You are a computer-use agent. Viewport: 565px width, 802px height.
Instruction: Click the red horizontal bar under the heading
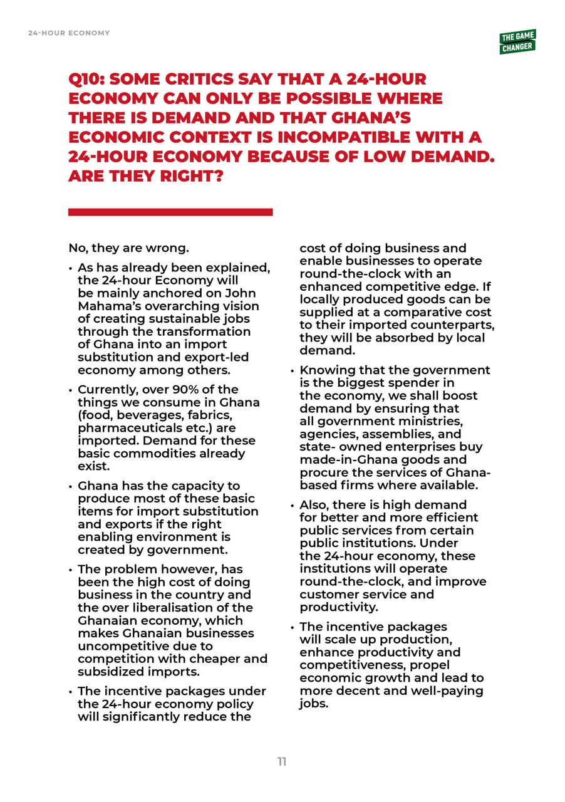pyautogui.click(x=170, y=212)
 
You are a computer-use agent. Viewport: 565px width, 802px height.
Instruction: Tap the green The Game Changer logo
pyautogui.click(x=517, y=42)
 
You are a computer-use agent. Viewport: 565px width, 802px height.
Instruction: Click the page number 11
pyautogui.click(x=282, y=762)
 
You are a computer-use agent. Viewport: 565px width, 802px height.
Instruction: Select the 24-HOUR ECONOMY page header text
pyautogui.click(x=69, y=33)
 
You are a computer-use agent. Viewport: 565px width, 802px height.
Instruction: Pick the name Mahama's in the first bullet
pyautogui.click(x=105, y=306)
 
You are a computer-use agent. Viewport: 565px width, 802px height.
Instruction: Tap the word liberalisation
pyautogui.click(x=174, y=607)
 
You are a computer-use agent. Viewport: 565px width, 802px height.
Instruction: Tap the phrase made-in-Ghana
pyautogui.click(x=338, y=459)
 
